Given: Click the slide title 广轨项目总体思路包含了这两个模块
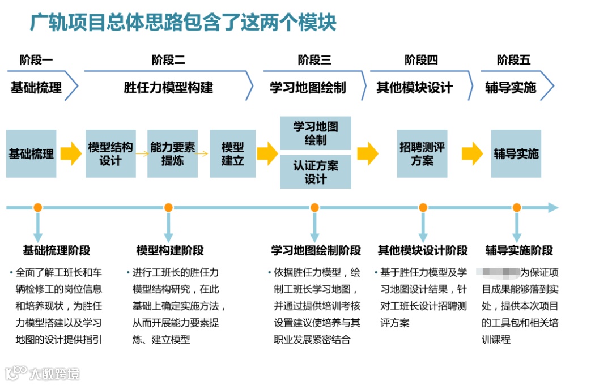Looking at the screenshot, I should pos(183,23).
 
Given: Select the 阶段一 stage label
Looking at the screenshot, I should pos(36,60).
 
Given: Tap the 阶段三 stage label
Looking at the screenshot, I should pos(314,60).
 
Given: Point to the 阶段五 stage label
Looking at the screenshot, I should pos(514,60).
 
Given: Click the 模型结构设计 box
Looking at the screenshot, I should pos(110,153).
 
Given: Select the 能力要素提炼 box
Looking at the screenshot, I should pos(173,153).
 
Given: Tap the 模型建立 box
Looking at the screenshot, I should pos(232,153).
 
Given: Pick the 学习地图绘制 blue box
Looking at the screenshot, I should pos(316,133).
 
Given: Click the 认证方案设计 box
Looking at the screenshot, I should pos(316,172).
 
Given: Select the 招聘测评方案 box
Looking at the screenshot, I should pos(422,153).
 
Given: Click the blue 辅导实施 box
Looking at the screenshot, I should pos(516,153).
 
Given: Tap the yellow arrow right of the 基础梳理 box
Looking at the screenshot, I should pos(71,153).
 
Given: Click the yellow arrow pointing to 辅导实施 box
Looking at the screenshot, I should pos(472,153).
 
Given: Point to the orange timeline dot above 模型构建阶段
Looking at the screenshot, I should pos(168,208).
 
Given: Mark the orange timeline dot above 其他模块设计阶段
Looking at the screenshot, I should pos(422,208).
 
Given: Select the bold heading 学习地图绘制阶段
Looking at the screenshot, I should pos(316,250).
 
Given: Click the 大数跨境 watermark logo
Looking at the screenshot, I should pos(42,373).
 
